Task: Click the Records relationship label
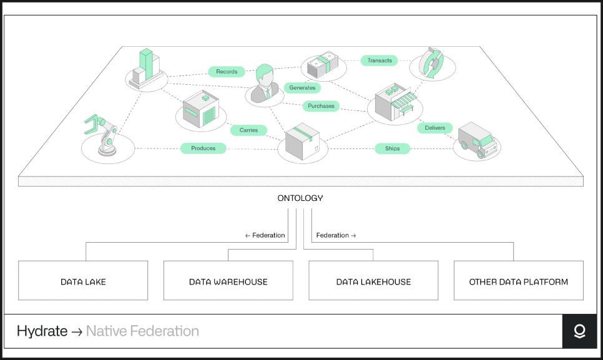coord(227,72)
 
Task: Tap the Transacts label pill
coord(379,61)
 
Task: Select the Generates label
coord(302,87)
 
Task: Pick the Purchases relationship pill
coord(321,105)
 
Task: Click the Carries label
coord(248,130)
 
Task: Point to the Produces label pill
coord(203,148)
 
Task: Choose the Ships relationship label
coord(392,148)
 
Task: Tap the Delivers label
coord(435,127)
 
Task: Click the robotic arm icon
coord(102,135)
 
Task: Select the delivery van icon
coord(478,140)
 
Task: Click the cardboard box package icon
coord(303,141)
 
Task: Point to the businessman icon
coord(265,84)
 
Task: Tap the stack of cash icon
coord(323,64)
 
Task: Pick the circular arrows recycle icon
coord(431,63)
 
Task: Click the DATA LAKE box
coord(83,281)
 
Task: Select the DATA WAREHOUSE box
coord(228,281)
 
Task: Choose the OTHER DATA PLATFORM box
coord(518,281)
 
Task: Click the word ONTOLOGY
coord(300,198)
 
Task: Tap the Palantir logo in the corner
coord(579,331)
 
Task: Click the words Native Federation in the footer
coord(142,331)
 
